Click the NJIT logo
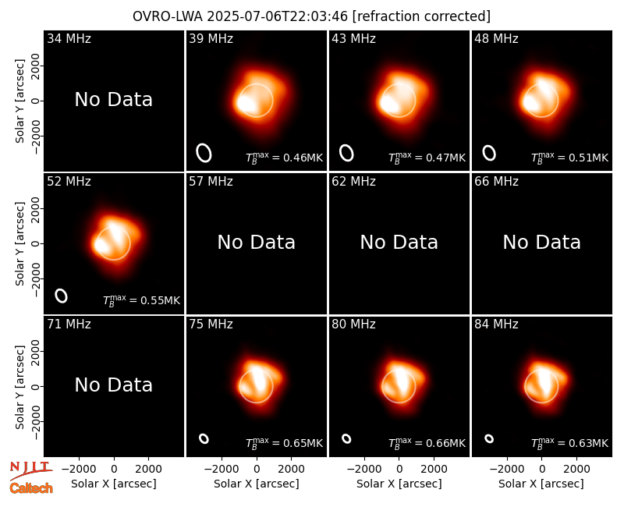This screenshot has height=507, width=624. pyautogui.click(x=31, y=470)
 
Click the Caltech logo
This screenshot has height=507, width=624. pyautogui.click(x=31, y=488)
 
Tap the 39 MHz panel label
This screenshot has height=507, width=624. pyautogui.click(x=211, y=38)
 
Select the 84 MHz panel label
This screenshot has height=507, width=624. pyautogui.click(x=496, y=324)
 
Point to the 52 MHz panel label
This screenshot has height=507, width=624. pyautogui.click(x=69, y=182)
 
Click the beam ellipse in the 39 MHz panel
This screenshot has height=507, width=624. pyautogui.click(x=204, y=153)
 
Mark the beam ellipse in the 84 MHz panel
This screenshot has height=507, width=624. pyautogui.click(x=489, y=438)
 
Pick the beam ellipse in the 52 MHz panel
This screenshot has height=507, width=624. pyautogui.click(x=61, y=296)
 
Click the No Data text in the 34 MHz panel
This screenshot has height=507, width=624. pyautogui.click(x=113, y=100)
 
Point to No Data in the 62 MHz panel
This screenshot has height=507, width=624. pyautogui.click(x=399, y=243)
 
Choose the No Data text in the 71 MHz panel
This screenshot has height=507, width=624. pyautogui.click(x=113, y=385)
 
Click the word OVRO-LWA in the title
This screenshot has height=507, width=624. pyautogui.click(x=168, y=16)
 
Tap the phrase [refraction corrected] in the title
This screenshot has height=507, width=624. pyautogui.click(x=421, y=16)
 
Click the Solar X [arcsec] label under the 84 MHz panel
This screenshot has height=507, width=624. pyautogui.click(x=541, y=484)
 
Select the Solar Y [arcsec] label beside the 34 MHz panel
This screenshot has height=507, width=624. pyautogui.click(x=20, y=101)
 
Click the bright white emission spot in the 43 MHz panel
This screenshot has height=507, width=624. pyautogui.click(x=388, y=104)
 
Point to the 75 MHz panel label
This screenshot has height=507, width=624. pyautogui.click(x=211, y=324)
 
